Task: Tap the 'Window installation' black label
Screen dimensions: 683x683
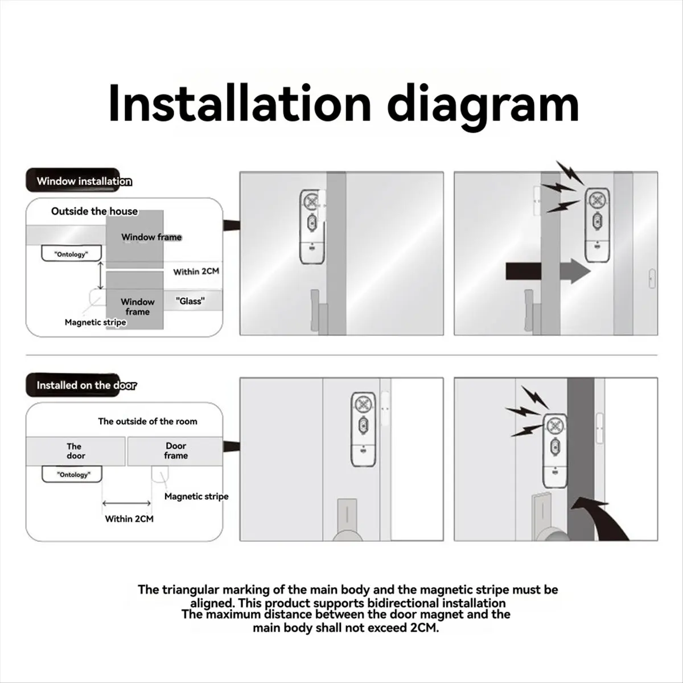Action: [x=83, y=181]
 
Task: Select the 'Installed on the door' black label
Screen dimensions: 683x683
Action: [x=85, y=385]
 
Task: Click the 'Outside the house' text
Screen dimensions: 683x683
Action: [x=94, y=211]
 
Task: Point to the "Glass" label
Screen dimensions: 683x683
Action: [x=190, y=301]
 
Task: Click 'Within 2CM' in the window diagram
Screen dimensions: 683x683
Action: [x=196, y=271]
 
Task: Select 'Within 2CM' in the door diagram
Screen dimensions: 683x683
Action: [x=129, y=519]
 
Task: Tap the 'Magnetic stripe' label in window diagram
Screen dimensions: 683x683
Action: [x=95, y=322]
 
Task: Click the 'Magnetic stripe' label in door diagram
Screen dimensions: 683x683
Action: [x=196, y=496]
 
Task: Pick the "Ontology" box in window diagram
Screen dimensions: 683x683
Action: [x=71, y=254]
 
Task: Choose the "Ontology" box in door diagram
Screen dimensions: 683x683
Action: [x=73, y=474]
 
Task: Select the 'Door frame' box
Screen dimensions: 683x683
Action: [x=176, y=451]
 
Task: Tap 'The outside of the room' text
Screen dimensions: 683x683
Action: [x=147, y=421]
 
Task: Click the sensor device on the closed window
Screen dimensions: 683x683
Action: [x=311, y=226]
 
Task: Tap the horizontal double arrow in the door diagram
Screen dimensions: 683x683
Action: [x=126, y=503]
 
